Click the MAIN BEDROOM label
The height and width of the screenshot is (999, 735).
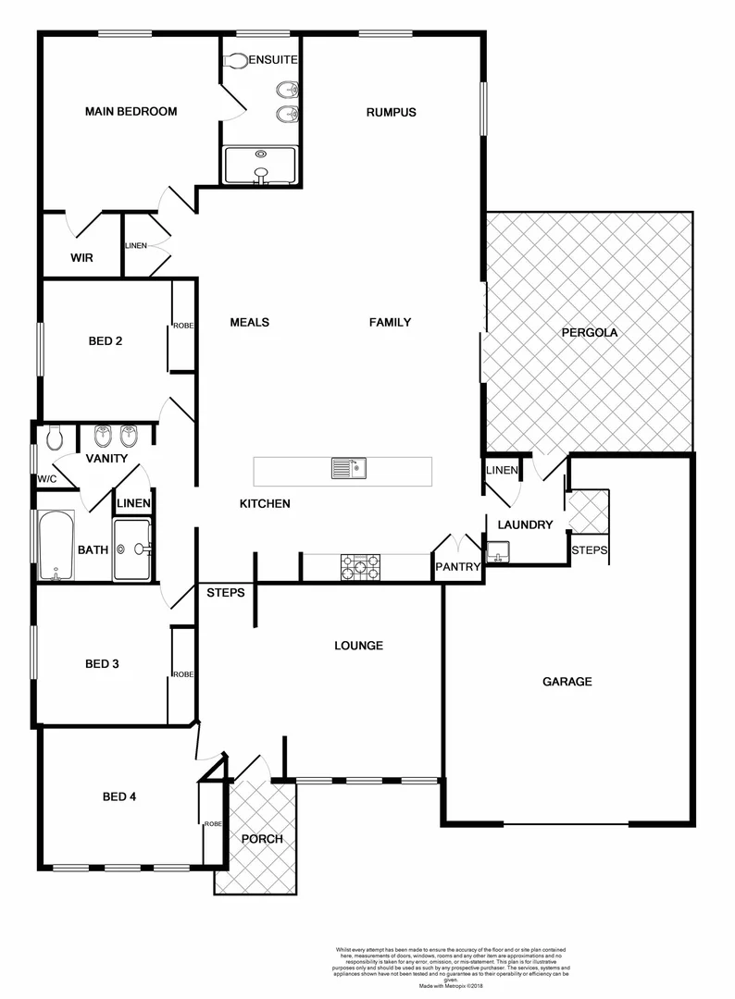click(x=131, y=112)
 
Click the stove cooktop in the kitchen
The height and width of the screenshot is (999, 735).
click(x=360, y=567)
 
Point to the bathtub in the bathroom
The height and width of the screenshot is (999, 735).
click(x=56, y=547)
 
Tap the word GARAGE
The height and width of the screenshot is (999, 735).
click(x=567, y=682)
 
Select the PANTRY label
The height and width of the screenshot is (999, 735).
click(x=457, y=567)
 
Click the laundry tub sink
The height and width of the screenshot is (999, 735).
click(x=500, y=556)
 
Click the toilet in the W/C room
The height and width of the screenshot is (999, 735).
click(x=55, y=437)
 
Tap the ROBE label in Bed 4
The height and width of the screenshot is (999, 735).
click(x=213, y=823)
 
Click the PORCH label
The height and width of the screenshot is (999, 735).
click(x=262, y=839)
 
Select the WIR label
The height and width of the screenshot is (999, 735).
click(x=82, y=258)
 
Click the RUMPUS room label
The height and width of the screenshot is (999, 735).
click(x=391, y=113)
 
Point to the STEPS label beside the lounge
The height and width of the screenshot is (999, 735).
click(x=225, y=592)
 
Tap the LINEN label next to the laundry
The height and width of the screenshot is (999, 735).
click(x=502, y=471)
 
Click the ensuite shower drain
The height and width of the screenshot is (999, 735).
click(x=261, y=154)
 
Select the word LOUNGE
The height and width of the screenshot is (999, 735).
click(x=358, y=646)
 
